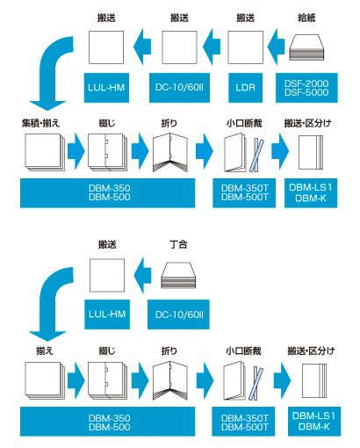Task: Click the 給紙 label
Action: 306,18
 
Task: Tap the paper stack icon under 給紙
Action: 306,47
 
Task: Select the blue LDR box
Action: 245,88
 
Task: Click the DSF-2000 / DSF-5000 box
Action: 306,88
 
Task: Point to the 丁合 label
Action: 178,244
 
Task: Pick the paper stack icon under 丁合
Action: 178,275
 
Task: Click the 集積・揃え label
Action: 40,123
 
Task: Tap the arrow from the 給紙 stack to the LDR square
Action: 276,47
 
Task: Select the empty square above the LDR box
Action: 245,47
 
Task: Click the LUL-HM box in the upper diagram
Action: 106,88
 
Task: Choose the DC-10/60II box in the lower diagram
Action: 178,314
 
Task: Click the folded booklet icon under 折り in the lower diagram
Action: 169,380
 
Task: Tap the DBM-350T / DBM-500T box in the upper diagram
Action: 244,193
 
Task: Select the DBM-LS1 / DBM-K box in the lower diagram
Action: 314,422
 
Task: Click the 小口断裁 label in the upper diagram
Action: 244,123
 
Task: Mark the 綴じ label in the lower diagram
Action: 107,350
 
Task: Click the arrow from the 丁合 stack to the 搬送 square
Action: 142,275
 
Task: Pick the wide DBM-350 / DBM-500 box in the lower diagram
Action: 108,422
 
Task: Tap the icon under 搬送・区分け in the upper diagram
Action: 311,152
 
